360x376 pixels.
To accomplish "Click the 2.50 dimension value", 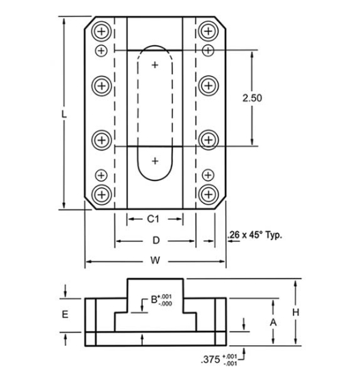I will [x=253, y=98].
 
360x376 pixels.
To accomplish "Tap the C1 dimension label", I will [x=154, y=219].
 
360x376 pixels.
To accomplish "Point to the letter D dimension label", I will [x=156, y=240].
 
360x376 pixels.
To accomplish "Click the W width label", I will [x=156, y=260].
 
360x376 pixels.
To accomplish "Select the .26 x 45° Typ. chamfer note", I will [x=254, y=236].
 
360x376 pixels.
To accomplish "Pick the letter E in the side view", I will [x=65, y=314].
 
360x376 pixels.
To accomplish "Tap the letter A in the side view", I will [x=273, y=321].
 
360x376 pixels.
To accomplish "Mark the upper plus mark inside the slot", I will [x=156, y=65].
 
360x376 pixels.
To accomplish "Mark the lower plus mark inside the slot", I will [x=156, y=161].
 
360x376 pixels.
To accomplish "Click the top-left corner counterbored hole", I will [x=102, y=32].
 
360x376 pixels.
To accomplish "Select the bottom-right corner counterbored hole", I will [x=208, y=194].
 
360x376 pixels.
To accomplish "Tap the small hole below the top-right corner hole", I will [x=208, y=51].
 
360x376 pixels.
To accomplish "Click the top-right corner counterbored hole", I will [x=208, y=32].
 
